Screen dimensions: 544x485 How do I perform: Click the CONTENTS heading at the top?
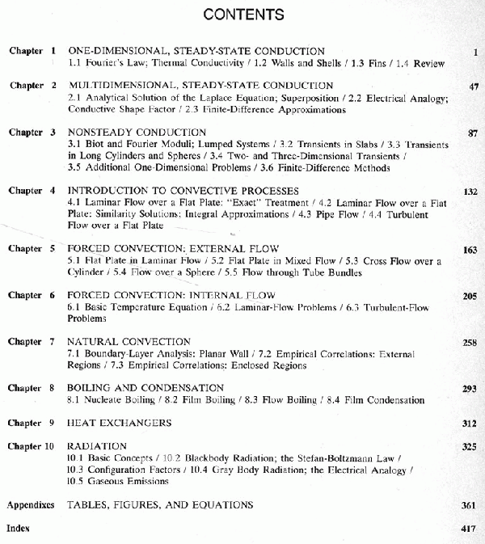243,15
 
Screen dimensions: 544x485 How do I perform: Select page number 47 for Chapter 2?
473,86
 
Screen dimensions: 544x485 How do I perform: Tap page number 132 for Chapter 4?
470,192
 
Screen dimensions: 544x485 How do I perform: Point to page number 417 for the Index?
470,528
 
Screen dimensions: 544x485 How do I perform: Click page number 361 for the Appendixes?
470,505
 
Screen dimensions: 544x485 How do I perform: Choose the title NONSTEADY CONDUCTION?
137,132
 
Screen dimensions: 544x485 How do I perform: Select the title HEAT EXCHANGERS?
119,423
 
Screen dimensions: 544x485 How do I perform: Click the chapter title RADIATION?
97,446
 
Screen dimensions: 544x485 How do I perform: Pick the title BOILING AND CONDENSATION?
145,388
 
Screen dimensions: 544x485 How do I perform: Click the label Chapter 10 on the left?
32,446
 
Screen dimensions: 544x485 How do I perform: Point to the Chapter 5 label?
32,249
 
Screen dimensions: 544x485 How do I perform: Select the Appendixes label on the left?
31,505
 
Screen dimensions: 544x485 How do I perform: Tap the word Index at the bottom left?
18,528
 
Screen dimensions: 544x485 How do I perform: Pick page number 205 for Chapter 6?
470,297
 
